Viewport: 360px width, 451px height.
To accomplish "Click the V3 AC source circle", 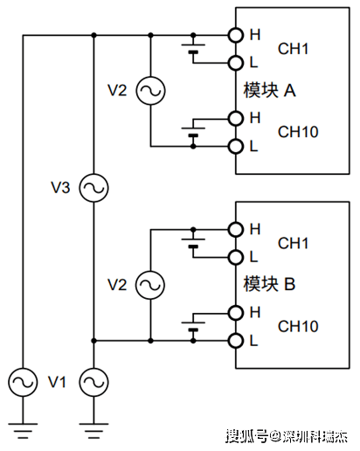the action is click(93, 188).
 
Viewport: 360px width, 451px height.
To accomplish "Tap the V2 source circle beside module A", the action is click(150, 91).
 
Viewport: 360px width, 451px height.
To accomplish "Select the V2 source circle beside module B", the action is click(150, 285).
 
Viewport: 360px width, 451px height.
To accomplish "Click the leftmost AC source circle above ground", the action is click(23, 382).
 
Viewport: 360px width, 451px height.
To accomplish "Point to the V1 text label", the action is click(57, 382).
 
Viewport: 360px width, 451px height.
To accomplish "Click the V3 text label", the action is click(60, 188).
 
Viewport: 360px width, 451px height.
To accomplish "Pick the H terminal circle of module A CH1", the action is click(235, 35).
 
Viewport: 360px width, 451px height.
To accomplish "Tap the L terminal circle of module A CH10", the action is click(235, 146).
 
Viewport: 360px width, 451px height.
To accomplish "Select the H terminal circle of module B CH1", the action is click(235, 230).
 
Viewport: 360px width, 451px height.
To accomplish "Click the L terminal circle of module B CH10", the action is click(235, 340).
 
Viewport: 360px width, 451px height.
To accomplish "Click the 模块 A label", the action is click(269, 90).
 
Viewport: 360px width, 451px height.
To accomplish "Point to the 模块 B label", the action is click(269, 284).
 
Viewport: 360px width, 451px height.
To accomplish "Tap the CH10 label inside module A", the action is click(298, 132).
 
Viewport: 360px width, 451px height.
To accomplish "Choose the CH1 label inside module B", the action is click(293, 243).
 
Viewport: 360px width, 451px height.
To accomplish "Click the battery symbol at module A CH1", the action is click(193, 49).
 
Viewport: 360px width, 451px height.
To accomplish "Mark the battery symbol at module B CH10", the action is click(193, 327).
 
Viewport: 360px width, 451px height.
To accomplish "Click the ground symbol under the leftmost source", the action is click(23, 431).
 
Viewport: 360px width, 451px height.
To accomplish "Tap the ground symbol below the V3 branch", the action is click(93, 431).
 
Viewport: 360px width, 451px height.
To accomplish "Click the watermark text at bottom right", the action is click(287, 436).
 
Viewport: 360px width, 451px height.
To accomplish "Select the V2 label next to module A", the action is click(117, 90).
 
